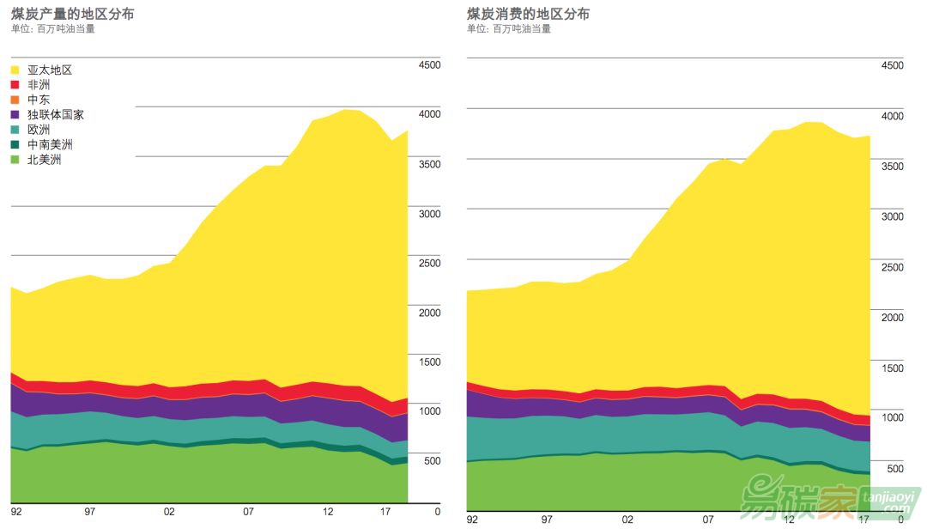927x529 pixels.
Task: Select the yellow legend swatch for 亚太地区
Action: tap(15, 70)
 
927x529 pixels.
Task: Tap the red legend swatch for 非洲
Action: tap(15, 85)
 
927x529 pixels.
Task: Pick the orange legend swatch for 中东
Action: tap(15, 100)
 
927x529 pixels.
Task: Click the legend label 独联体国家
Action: tap(55, 114)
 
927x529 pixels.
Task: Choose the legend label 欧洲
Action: tap(39, 130)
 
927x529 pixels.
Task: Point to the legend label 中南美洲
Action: tap(50, 144)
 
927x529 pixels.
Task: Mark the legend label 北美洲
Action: tap(44, 159)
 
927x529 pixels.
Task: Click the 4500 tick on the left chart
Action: tap(428, 65)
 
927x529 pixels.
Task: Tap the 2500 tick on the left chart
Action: tap(428, 263)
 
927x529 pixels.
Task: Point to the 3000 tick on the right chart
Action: tap(892, 216)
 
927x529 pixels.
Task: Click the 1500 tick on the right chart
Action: tap(892, 368)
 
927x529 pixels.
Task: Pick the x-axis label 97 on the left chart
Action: tap(90, 512)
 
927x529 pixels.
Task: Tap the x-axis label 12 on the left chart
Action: tap(328, 512)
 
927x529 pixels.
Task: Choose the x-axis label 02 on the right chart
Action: tap(627, 519)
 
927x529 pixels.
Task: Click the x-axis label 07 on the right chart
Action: tap(708, 519)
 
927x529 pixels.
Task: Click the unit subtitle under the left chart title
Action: tap(52, 28)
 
